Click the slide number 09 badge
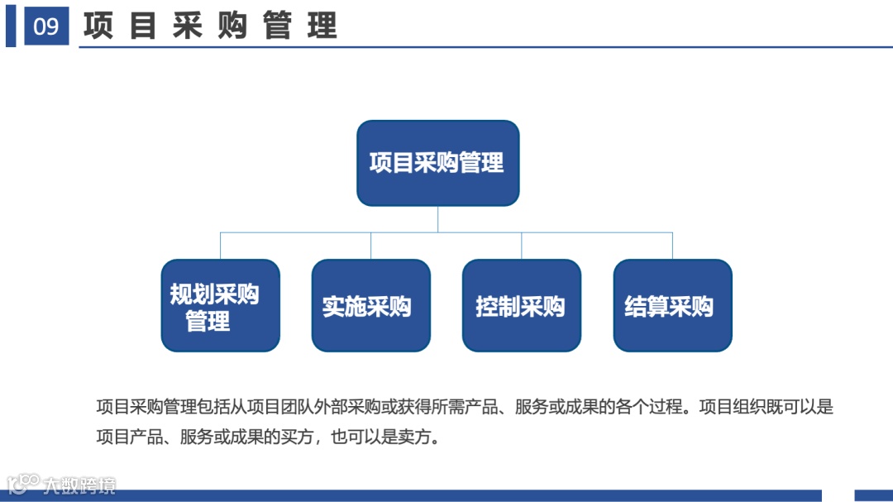(x=46, y=26)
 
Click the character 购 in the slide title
(x=233, y=26)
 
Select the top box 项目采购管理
(x=437, y=163)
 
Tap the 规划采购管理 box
(x=220, y=306)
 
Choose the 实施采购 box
(x=370, y=306)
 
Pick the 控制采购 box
(x=521, y=306)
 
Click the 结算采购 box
(x=672, y=306)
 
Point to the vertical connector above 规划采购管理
(x=220, y=246)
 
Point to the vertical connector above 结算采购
(x=672, y=246)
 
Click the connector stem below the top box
(x=437, y=219)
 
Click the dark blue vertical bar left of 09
(x=11, y=26)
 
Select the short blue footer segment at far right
(x=873, y=495)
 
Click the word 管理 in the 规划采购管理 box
(x=208, y=321)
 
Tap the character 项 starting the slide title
(x=98, y=26)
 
